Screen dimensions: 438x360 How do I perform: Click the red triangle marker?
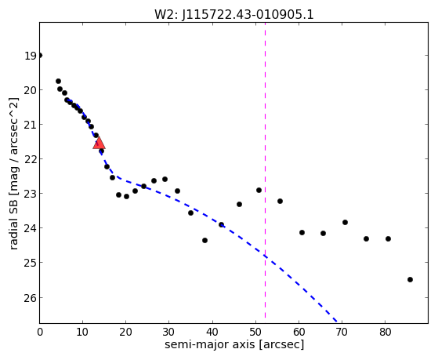[x=99, y=143]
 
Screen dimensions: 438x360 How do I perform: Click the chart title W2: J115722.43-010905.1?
[x=234, y=14]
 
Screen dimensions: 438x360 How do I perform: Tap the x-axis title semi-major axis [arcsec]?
[x=234, y=344]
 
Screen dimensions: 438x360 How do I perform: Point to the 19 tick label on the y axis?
[x=31, y=56]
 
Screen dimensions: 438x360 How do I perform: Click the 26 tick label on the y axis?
[x=31, y=298]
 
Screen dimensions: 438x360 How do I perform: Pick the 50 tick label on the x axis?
[x=255, y=332]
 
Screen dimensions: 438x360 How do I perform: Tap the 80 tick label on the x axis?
[x=386, y=332]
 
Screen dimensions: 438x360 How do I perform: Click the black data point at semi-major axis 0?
[x=40, y=56]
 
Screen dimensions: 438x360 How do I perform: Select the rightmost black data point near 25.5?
[x=410, y=279]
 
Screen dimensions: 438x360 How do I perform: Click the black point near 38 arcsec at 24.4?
[x=205, y=240]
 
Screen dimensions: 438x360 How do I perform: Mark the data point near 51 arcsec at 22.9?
[x=259, y=191]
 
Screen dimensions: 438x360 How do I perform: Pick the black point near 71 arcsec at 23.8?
[x=345, y=223]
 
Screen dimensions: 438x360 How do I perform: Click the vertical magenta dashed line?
[x=265, y=170]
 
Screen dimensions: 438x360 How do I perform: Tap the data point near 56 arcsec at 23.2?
[x=281, y=201]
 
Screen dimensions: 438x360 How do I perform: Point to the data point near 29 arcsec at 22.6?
[x=165, y=179]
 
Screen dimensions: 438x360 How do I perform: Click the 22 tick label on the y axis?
[x=31, y=159]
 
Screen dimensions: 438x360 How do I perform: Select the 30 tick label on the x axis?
[x=169, y=332]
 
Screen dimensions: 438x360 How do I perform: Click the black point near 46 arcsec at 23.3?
[x=240, y=204]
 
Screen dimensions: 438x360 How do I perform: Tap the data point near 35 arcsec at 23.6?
[x=190, y=213]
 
